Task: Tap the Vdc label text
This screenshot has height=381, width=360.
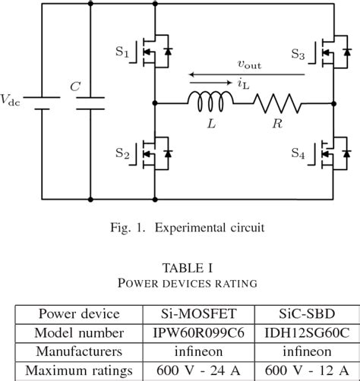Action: coord(11,99)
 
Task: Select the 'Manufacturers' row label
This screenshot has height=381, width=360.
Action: coord(79,352)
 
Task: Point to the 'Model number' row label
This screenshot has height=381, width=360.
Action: coord(79,332)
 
